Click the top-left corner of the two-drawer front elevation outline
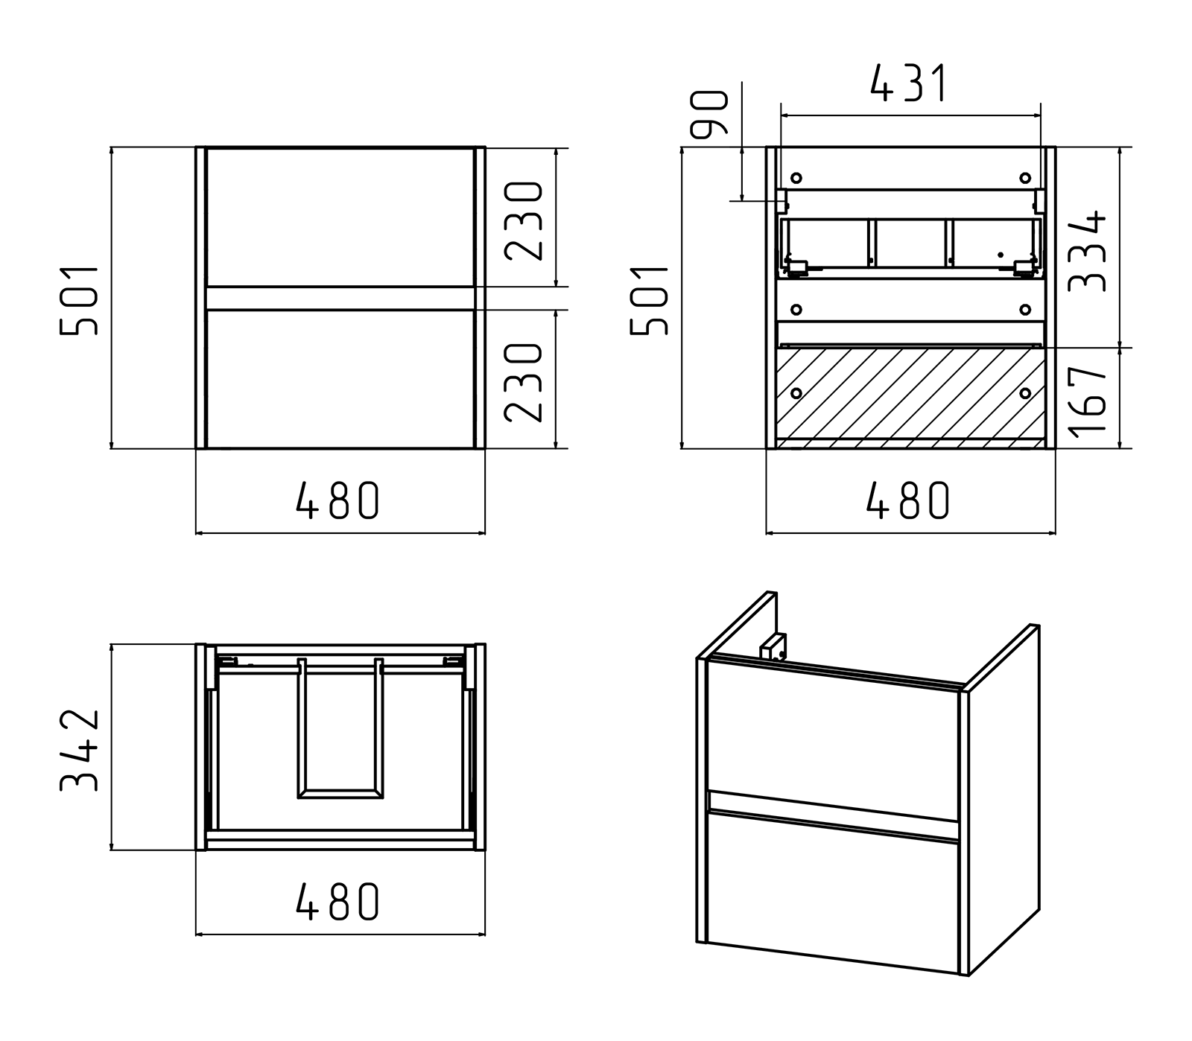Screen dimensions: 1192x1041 196,147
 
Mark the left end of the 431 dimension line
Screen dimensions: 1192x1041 779,115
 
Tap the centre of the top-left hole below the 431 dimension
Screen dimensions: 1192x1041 796,178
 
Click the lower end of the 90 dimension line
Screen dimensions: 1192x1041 743,200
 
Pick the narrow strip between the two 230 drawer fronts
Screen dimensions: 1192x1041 340,298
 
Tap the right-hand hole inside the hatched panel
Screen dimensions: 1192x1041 1025,392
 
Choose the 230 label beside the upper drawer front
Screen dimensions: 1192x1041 524,220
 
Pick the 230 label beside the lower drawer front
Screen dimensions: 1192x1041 524,382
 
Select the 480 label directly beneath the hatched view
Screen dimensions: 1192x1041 909,500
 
